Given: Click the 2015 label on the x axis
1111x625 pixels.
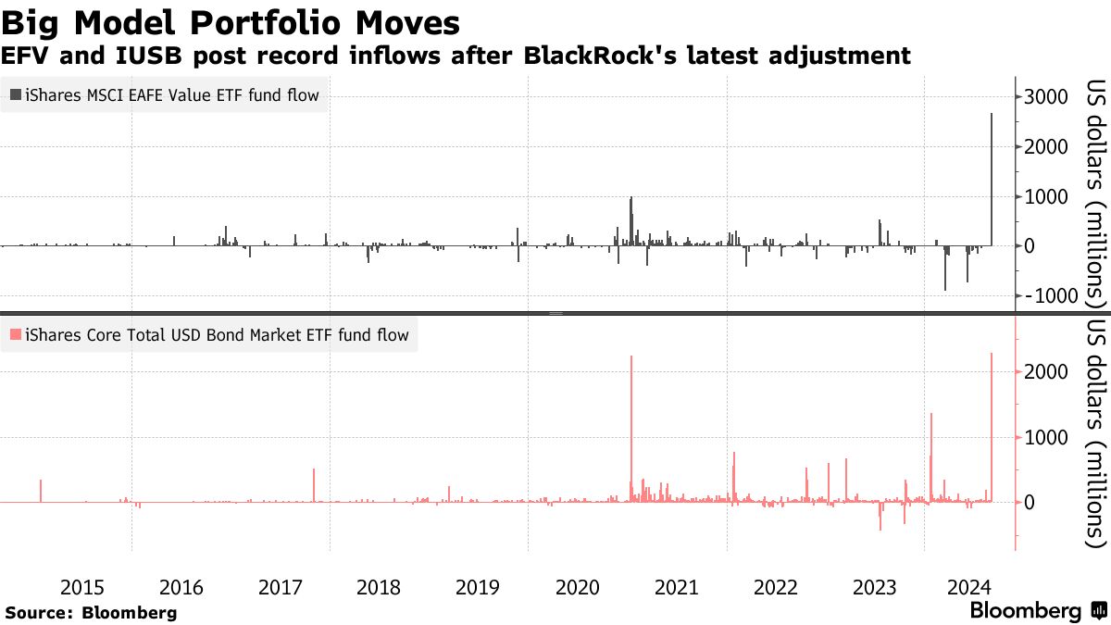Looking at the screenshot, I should tap(81, 587).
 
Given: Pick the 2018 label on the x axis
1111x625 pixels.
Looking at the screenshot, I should tap(379, 587).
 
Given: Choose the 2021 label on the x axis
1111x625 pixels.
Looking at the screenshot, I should tap(676, 587).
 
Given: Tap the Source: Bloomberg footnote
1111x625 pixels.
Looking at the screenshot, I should tap(91, 612).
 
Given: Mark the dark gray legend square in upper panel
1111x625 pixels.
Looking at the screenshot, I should tap(15, 94).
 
